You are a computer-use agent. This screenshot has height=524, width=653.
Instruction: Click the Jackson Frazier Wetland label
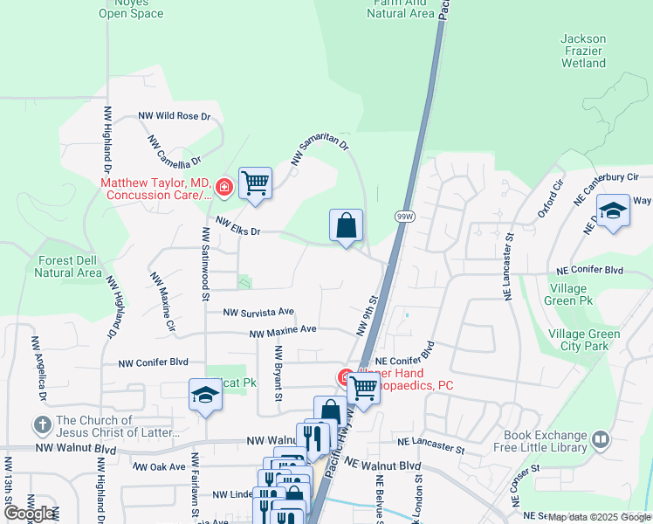click(583, 51)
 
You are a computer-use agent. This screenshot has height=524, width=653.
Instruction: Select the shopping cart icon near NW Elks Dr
click(256, 183)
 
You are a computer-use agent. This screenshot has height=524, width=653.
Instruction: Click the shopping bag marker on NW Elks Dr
click(346, 225)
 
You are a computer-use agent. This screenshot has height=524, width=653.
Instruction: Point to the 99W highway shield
click(403, 215)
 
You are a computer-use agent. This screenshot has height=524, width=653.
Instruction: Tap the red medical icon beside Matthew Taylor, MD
click(224, 186)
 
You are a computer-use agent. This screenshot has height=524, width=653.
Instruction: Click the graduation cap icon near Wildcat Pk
click(206, 395)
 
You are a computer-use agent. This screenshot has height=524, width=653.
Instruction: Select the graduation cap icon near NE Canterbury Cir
click(613, 210)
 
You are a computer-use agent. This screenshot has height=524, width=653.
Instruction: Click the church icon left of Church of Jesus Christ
click(42, 425)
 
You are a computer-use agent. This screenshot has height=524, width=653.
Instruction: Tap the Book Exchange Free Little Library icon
click(600, 439)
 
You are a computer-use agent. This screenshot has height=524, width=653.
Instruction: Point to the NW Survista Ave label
click(258, 312)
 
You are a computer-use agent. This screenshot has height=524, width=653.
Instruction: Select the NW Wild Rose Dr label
click(175, 116)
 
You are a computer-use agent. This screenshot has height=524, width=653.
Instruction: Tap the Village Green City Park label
click(584, 340)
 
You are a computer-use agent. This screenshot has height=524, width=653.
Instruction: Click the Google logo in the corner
click(29, 514)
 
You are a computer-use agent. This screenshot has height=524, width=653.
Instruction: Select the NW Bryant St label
click(278, 373)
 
